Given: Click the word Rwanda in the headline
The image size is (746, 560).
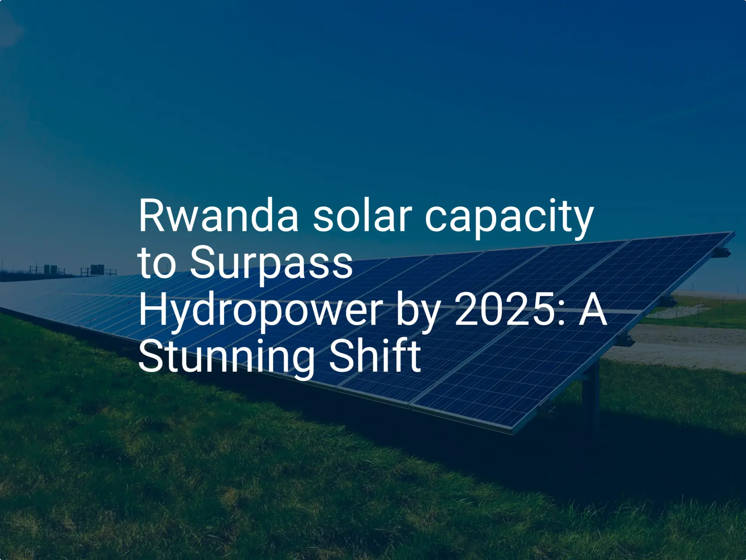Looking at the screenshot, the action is click(x=218, y=216).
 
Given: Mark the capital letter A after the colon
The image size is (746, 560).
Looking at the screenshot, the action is click(x=593, y=310).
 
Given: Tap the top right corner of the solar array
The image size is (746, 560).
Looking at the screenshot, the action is click(x=734, y=232).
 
